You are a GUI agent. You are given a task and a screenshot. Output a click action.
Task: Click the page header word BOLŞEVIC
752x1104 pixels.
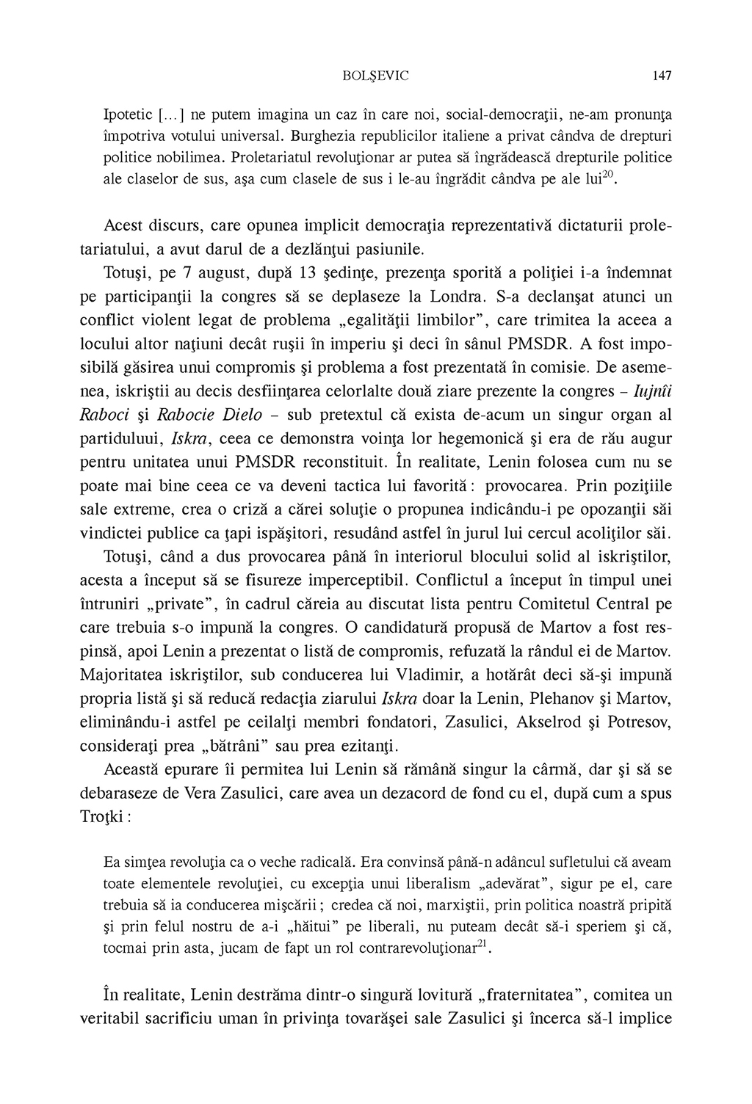[375, 75]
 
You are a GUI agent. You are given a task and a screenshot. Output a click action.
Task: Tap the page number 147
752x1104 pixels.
[661, 75]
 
